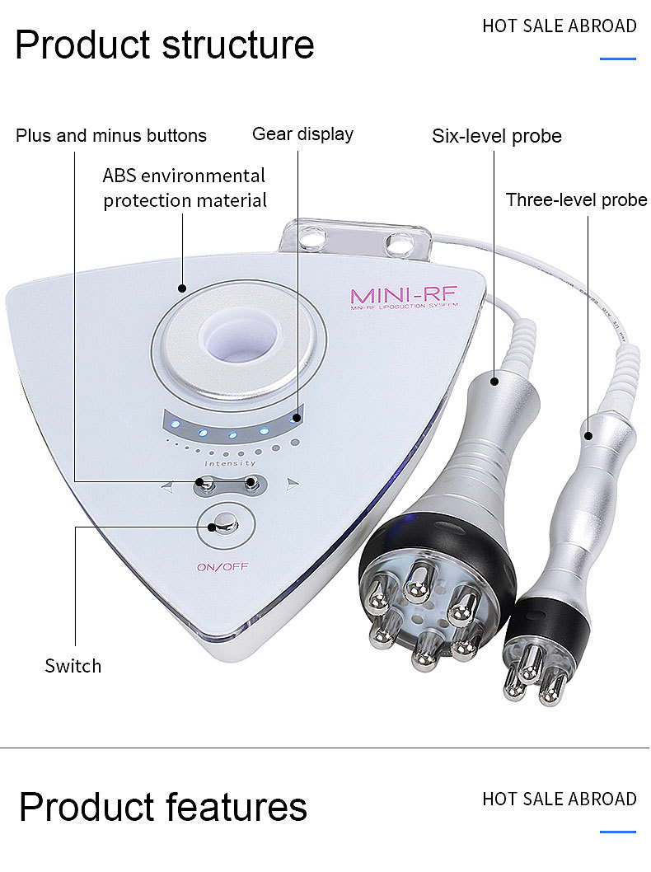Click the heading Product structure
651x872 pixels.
[164, 45]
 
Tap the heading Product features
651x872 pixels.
[162, 807]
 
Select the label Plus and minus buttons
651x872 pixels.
[111, 135]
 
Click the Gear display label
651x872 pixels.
[302, 134]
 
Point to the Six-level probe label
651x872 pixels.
[496, 136]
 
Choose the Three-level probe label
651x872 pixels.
[576, 200]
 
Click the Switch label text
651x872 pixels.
[73, 666]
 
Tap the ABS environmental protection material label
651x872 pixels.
[185, 188]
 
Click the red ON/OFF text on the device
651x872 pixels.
[222, 567]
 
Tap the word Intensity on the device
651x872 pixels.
[224, 463]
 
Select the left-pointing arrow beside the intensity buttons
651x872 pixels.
[167, 486]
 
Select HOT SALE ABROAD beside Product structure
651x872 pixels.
[560, 26]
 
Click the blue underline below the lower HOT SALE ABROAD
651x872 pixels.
[618, 832]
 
